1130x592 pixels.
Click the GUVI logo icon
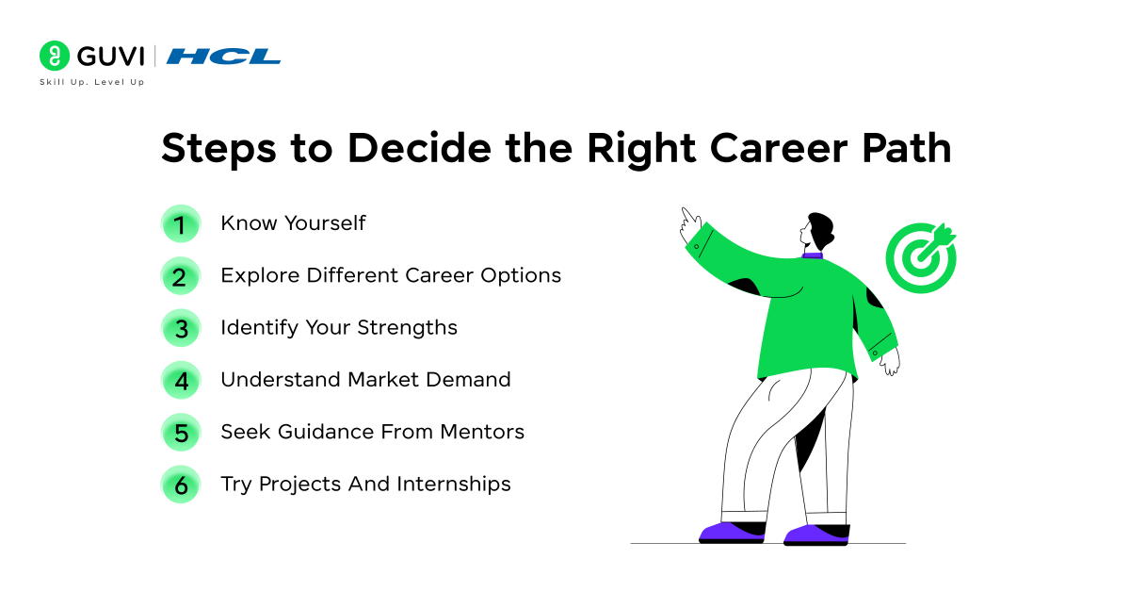click(x=55, y=56)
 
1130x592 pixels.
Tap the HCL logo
click(x=224, y=57)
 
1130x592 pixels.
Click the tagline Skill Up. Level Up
click(x=91, y=83)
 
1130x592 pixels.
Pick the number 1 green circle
click(x=180, y=224)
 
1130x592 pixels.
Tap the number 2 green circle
click(x=180, y=276)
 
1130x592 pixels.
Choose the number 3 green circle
click(x=180, y=329)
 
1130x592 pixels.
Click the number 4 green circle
click(x=180, y=381)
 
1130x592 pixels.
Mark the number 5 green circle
click(x=180, y=433)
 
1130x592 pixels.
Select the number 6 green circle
click(x=180, y=485)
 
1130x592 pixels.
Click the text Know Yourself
click(x=293, y=223)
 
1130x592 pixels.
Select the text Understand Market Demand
click(x=365, y=380)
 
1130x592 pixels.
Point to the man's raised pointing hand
click(x=690, y=219)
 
